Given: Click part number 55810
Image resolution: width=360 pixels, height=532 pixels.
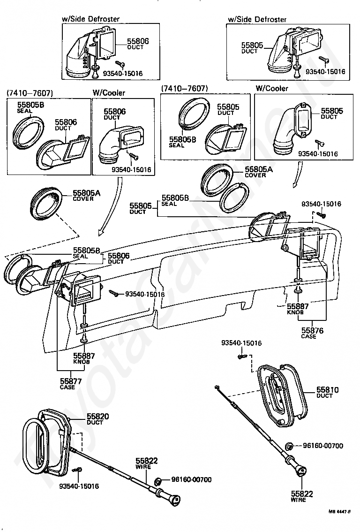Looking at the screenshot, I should click(327, 390).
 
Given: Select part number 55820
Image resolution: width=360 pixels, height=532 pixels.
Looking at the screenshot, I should click(97, 417).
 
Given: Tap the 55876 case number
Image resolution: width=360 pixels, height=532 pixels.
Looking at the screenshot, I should click(312, 331).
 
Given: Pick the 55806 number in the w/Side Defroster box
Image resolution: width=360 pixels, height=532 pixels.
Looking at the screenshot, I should click(138, 42).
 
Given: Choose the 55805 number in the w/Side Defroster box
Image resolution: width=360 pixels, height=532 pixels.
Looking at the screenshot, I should click(253, 46).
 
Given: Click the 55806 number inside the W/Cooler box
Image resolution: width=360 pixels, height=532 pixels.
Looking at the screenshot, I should click(114, 112).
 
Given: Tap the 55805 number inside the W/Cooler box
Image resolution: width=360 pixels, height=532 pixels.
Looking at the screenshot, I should click(332, 111).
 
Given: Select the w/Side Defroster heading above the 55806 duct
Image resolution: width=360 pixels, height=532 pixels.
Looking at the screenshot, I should click(90, 19).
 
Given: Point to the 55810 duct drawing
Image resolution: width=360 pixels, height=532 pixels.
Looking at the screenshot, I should click(281, 395).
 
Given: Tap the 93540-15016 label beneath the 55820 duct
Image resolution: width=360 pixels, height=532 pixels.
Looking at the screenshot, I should click(79, 486).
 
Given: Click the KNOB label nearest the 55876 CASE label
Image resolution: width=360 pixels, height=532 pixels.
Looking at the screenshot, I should click(296, 312).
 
